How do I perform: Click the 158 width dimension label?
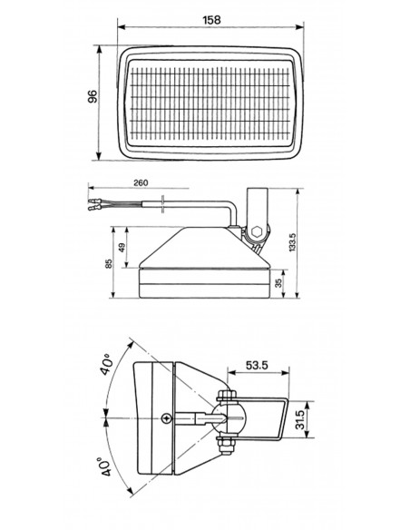coord(211,20)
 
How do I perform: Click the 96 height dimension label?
coord(93,96)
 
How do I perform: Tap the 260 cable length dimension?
coord(141,182)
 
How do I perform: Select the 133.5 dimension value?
coord(292,242)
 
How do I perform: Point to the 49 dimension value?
coord(122,248)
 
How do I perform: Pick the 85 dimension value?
coord(108,264)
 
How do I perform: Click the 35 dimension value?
coord(278,283)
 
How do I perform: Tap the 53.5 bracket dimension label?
coord(257,365)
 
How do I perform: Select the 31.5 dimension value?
coord(300,419)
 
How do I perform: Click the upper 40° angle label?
coord(106,365)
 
